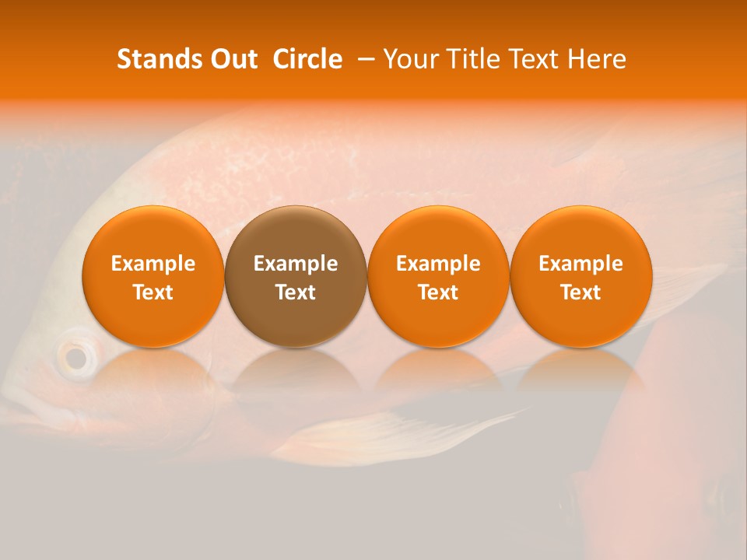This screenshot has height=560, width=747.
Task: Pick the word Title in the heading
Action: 467,59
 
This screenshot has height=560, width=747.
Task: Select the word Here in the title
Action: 598,59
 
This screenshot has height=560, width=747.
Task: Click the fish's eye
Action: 75,358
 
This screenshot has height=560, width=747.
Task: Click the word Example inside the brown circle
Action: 296,264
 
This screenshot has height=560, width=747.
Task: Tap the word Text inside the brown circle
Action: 296,292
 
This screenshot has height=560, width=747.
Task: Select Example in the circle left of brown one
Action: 153,264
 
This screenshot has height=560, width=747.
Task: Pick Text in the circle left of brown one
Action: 153,292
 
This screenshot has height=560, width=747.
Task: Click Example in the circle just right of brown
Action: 438,264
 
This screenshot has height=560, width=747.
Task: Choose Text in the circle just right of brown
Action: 438,292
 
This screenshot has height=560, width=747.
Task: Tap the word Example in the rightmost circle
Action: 580,264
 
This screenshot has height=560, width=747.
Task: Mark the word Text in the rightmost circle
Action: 580,292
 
